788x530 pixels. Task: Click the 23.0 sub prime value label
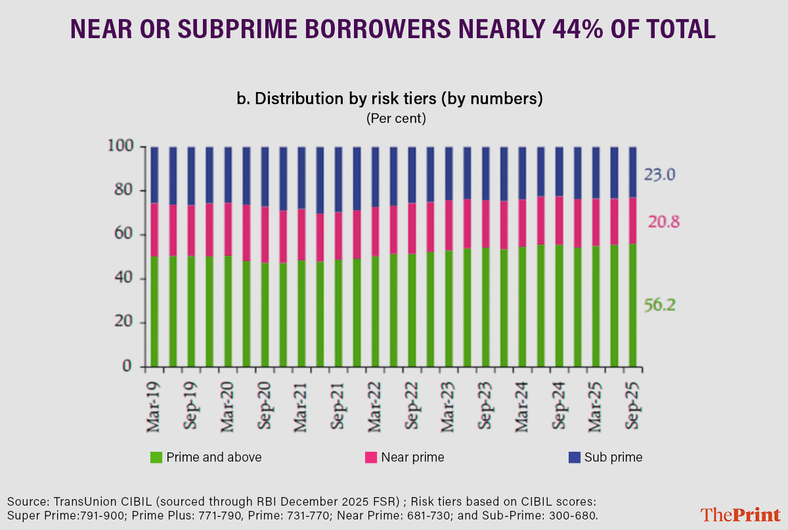coord(659,176)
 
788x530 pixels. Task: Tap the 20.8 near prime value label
coord(663,222)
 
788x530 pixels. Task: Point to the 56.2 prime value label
coord(659,305)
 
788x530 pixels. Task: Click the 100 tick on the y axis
coord(121,146)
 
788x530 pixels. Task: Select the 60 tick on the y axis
coord(125,235)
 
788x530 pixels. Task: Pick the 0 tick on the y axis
coord(129,366)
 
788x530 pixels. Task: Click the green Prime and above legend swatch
coord(156,457)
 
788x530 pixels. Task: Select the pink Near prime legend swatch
coord(370,457)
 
